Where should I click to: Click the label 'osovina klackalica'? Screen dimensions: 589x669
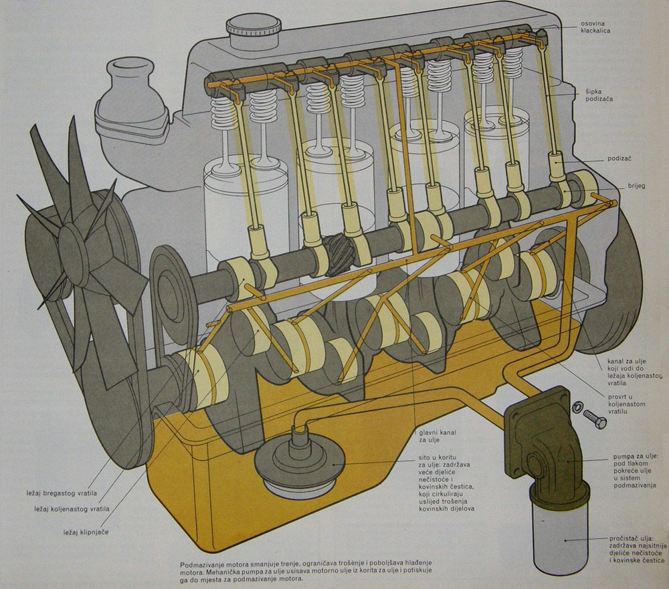pos(598,27)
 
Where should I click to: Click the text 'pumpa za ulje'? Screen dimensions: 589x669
pos(636,457)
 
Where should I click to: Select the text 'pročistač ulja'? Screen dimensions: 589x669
pos(636,538)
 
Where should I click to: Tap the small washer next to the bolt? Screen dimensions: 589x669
pos(577,407)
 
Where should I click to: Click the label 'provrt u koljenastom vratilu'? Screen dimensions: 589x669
pos(625,399)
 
